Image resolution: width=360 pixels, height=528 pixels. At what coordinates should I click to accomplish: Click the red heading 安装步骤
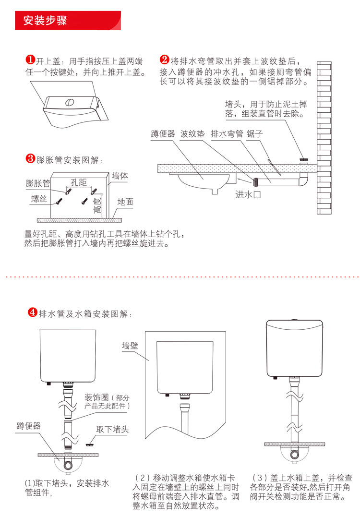[x=45, y=21]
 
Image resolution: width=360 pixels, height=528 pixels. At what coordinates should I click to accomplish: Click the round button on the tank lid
[x=69, y=102]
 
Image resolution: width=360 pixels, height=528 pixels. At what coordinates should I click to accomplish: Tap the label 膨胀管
[x=38, y=183]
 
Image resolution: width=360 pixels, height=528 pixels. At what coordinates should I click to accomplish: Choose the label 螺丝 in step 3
[x=39, y=199]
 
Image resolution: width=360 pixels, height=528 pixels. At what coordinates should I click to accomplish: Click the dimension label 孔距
[x=79, y=182]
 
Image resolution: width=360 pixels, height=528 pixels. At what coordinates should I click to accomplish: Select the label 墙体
[x=120, y=176]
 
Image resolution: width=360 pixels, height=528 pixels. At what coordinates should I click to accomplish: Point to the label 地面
[x=126, y=202]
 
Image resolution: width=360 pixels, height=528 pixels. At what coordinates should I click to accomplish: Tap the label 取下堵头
[x=113, y=429]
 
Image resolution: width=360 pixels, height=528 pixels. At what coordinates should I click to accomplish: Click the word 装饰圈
[x=96, y=397]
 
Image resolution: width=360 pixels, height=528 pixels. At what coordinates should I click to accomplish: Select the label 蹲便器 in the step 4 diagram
[x=28, y=426]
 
